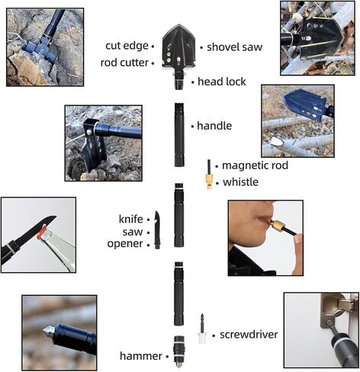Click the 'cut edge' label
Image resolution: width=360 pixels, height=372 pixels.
click(x=127, y=46)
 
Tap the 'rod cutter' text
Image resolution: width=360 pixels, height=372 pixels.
click(x=124, y=63)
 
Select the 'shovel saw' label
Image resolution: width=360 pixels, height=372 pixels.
click(x=234, y=47)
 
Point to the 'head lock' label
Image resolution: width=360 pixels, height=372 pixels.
click(x=222, y=82)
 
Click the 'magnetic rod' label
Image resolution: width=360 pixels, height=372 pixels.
click(x=255, y=165)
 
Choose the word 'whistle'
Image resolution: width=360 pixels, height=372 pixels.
click(x=240, y=182)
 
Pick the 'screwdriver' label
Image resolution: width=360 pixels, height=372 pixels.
click(x=249, y=335)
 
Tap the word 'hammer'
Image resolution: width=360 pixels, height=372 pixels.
click(x=141, y=356)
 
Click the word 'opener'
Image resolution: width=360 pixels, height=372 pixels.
click(x=125, y=244)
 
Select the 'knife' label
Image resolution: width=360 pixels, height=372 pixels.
click(x=130, y=219)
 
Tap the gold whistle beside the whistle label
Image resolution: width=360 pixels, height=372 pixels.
click(x=209, y=181)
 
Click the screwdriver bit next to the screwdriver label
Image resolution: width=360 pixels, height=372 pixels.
click(x=202, y=329)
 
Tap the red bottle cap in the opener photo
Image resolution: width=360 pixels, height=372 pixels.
click(x=42, y=231)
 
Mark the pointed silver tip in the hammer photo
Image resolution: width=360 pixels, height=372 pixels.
click(x=48, y=331)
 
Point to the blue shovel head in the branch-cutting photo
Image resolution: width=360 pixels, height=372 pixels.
click(x=306, y=104)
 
